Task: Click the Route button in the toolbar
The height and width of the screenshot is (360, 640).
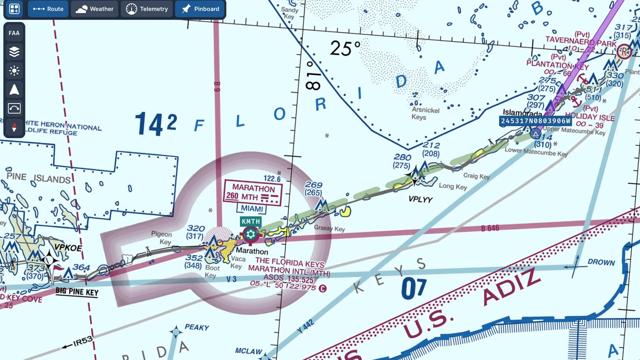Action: point(48,9)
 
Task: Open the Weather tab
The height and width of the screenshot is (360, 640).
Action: point(95,9)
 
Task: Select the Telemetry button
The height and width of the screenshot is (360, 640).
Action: point(147,9)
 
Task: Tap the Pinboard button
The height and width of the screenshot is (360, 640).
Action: point(200,9)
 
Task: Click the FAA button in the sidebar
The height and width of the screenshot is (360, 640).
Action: point(14,33)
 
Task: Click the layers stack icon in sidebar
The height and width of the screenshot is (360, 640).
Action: point(14,52)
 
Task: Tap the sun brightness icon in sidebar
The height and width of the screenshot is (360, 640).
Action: point(14,71)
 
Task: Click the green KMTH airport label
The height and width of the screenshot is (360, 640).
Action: point(251,221)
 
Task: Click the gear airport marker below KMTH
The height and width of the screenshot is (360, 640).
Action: point(251,235)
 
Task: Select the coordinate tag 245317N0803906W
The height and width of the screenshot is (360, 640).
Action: point(535,121)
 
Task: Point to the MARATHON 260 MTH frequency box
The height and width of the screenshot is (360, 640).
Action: point(253,193)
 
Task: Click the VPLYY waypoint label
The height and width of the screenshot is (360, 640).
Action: point(420,199)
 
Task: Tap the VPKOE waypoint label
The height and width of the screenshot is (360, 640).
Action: point(68,248)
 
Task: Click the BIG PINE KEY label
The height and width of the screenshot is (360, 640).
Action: point(77,292)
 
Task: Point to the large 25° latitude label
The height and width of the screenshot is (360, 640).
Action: point(345,48)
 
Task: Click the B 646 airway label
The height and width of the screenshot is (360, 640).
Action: point(490,228)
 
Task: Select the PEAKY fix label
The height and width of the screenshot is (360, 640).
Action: point(197,327)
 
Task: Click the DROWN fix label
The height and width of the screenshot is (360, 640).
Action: point(601,262)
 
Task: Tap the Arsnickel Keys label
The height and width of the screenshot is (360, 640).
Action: point(425,113)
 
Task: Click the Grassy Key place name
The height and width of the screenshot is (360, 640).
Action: point(329,228)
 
